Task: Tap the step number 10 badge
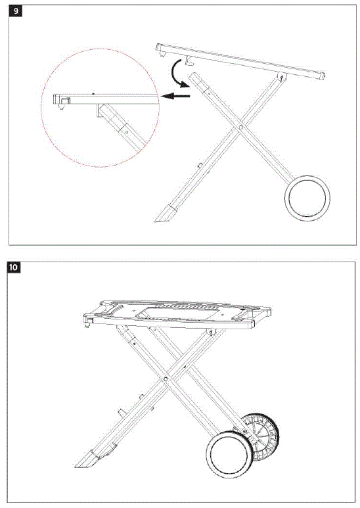pyautogui.click(x=14, y=267)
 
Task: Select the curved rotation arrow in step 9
pyautogui.click(x=175, y=72)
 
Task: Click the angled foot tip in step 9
pyautogui.click(x=164, y=214)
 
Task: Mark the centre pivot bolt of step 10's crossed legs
pyautogui.click(x=168, y=379)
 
